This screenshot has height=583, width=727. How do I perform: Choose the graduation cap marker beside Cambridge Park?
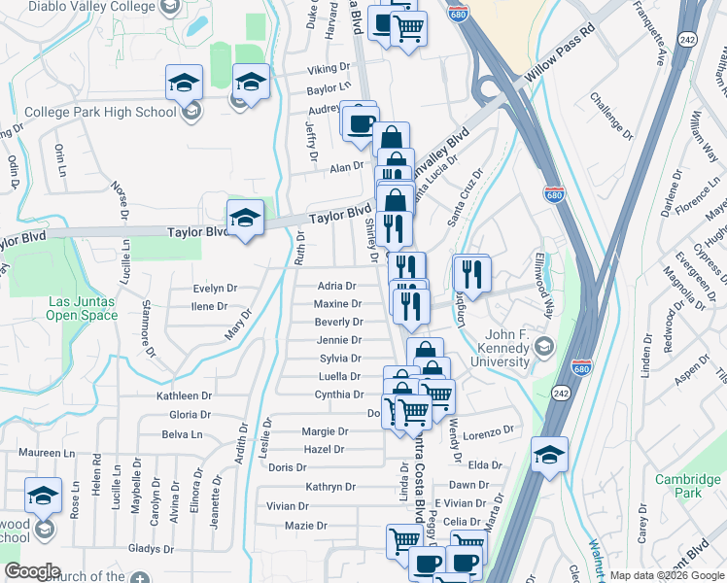549,454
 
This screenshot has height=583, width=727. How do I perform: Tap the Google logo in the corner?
32,571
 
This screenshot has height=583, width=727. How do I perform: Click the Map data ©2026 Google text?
666,575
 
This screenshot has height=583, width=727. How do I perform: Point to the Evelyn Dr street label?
215,289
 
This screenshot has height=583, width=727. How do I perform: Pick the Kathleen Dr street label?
184,396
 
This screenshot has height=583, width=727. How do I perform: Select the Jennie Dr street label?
339,340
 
